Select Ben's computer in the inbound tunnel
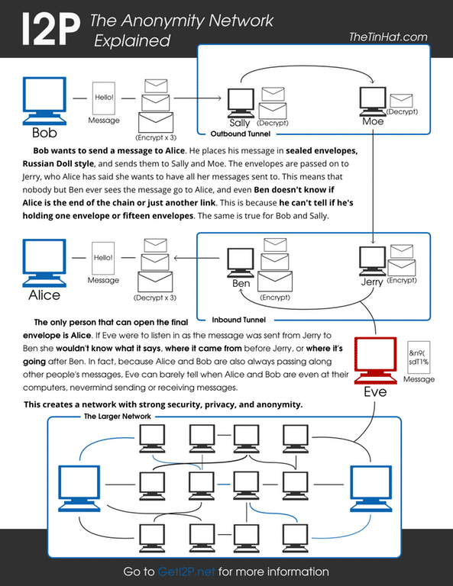[241, 263]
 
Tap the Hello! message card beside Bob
[103, 99]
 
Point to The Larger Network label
[119, 417]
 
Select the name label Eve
[374, 392]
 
